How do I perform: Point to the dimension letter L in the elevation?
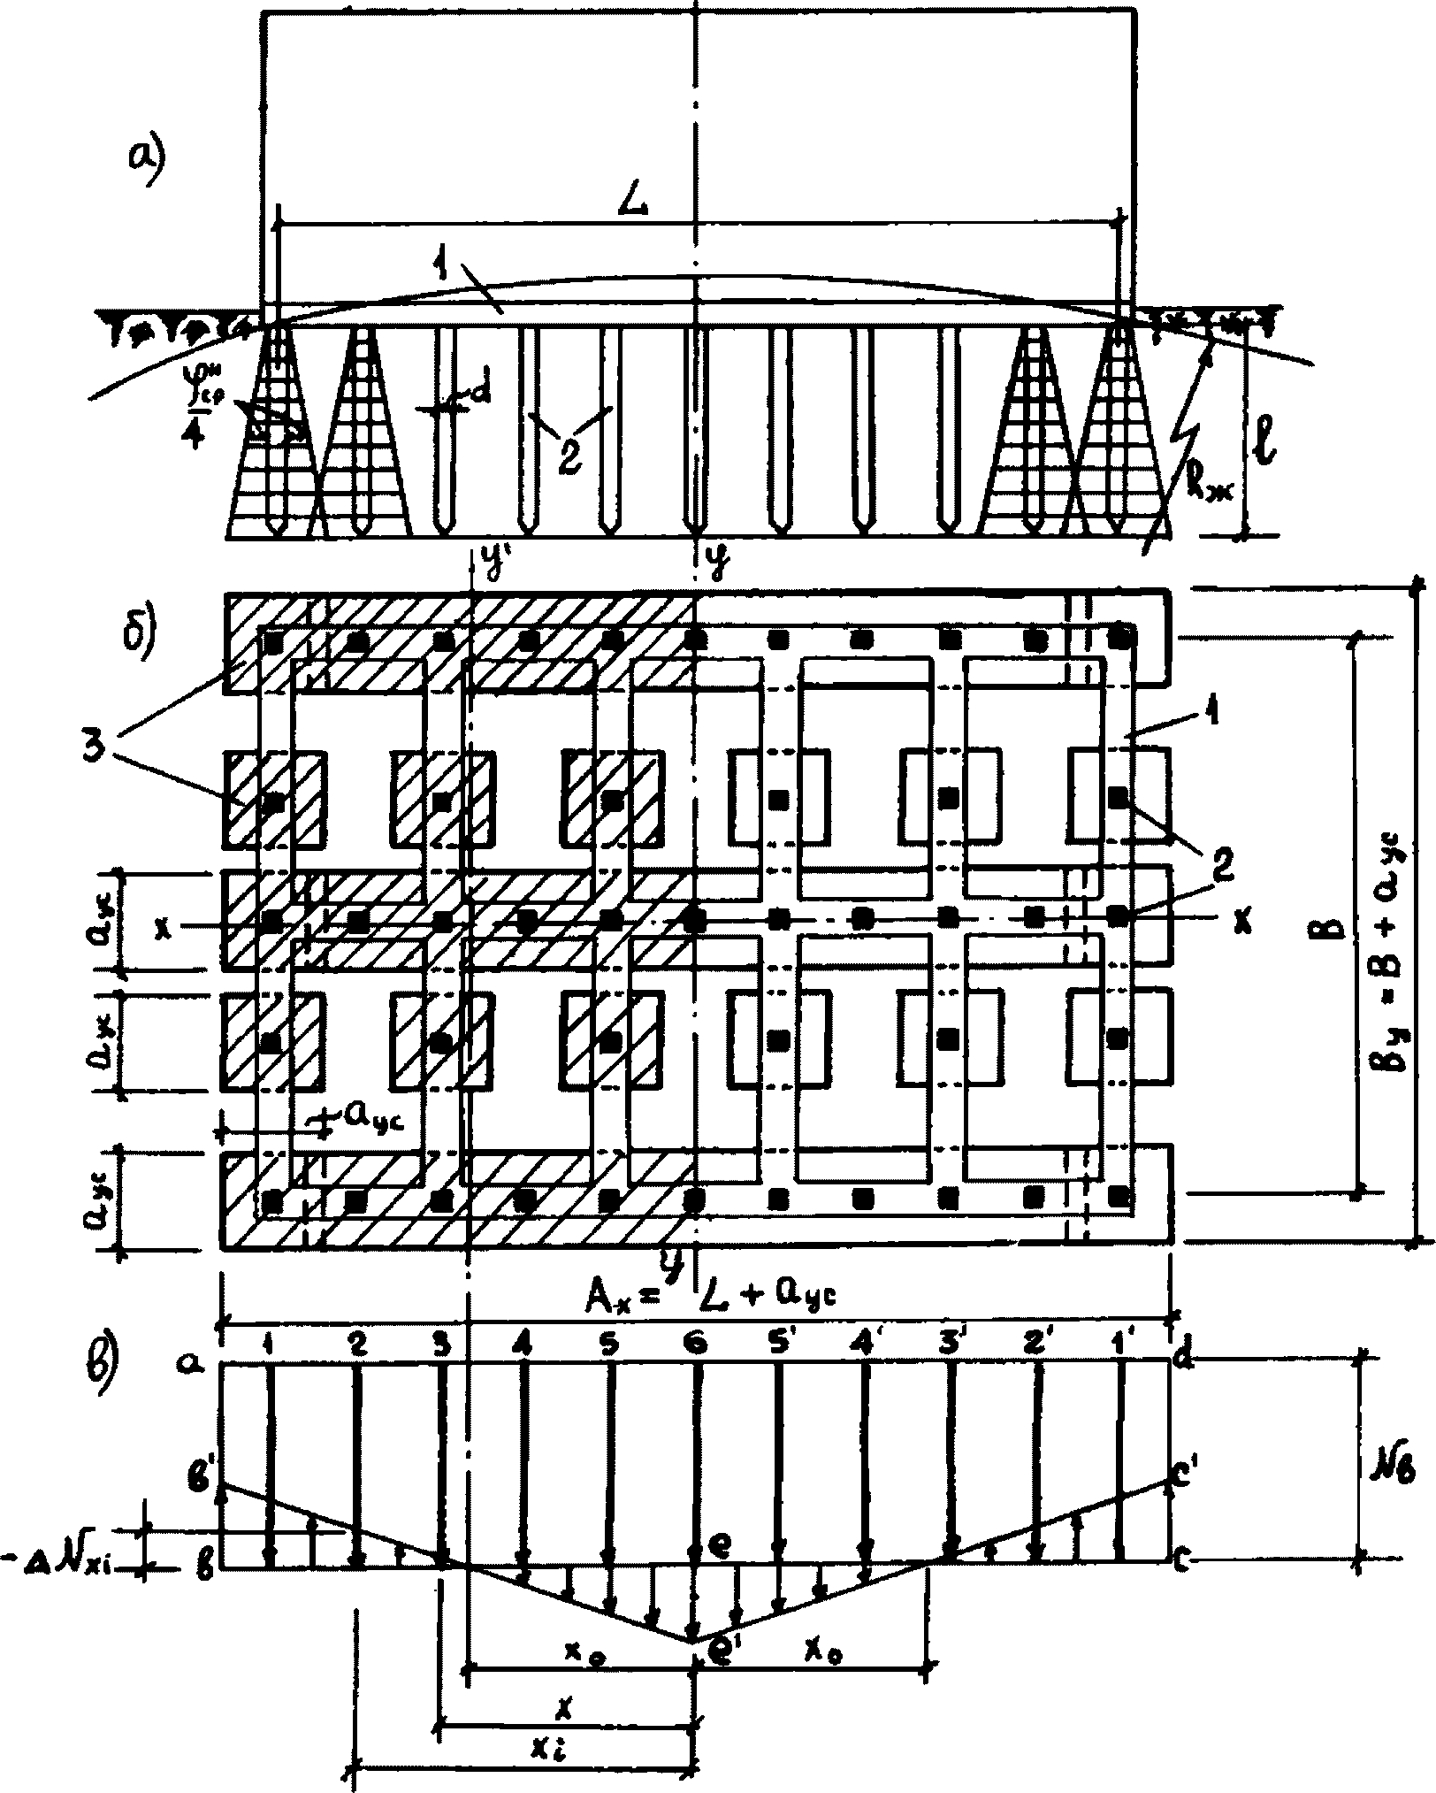click(x=634, y=203)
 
